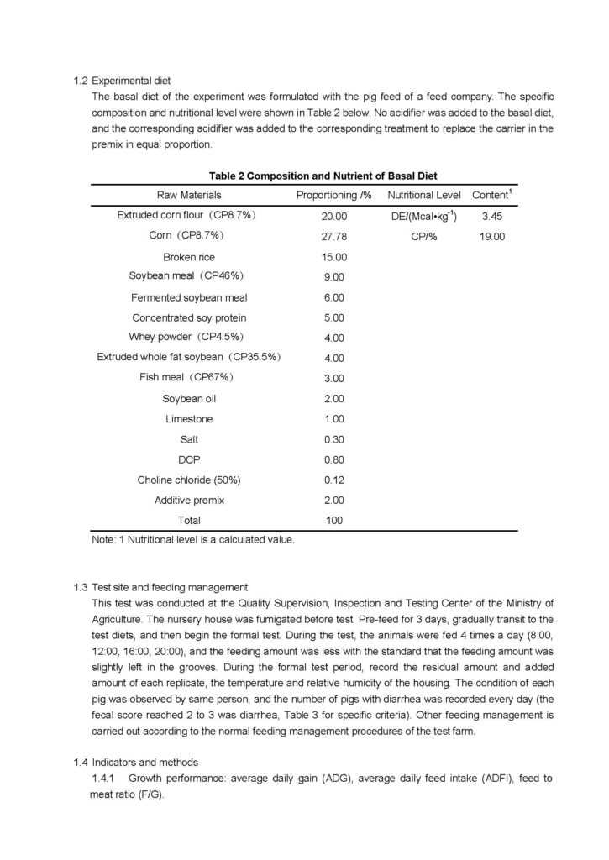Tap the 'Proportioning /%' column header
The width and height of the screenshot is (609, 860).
click(x=333, y=195)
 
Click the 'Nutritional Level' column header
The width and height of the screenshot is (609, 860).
click(x=423, y=195)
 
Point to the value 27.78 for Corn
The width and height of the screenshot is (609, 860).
click(x=333, y=237)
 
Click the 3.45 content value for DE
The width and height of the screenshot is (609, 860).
click(x=491, y=217)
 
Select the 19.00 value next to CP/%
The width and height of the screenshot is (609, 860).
click(x=491, y=237)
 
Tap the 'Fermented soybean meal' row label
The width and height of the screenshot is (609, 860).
click(x=189, y=297)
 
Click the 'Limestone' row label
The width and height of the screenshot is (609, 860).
click(x=189, y=418)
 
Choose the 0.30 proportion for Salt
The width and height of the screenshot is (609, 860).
click(x=333, y=439)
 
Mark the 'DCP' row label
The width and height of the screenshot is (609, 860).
click(x=189, y=459)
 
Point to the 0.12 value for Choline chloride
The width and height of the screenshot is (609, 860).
click(x=333, y=480)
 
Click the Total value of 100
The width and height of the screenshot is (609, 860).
click(x=333, y=521)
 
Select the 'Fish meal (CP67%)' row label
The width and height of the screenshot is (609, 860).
click(x=189, y=377)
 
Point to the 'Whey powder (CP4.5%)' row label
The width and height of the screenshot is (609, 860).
click(x=189, y=338)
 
